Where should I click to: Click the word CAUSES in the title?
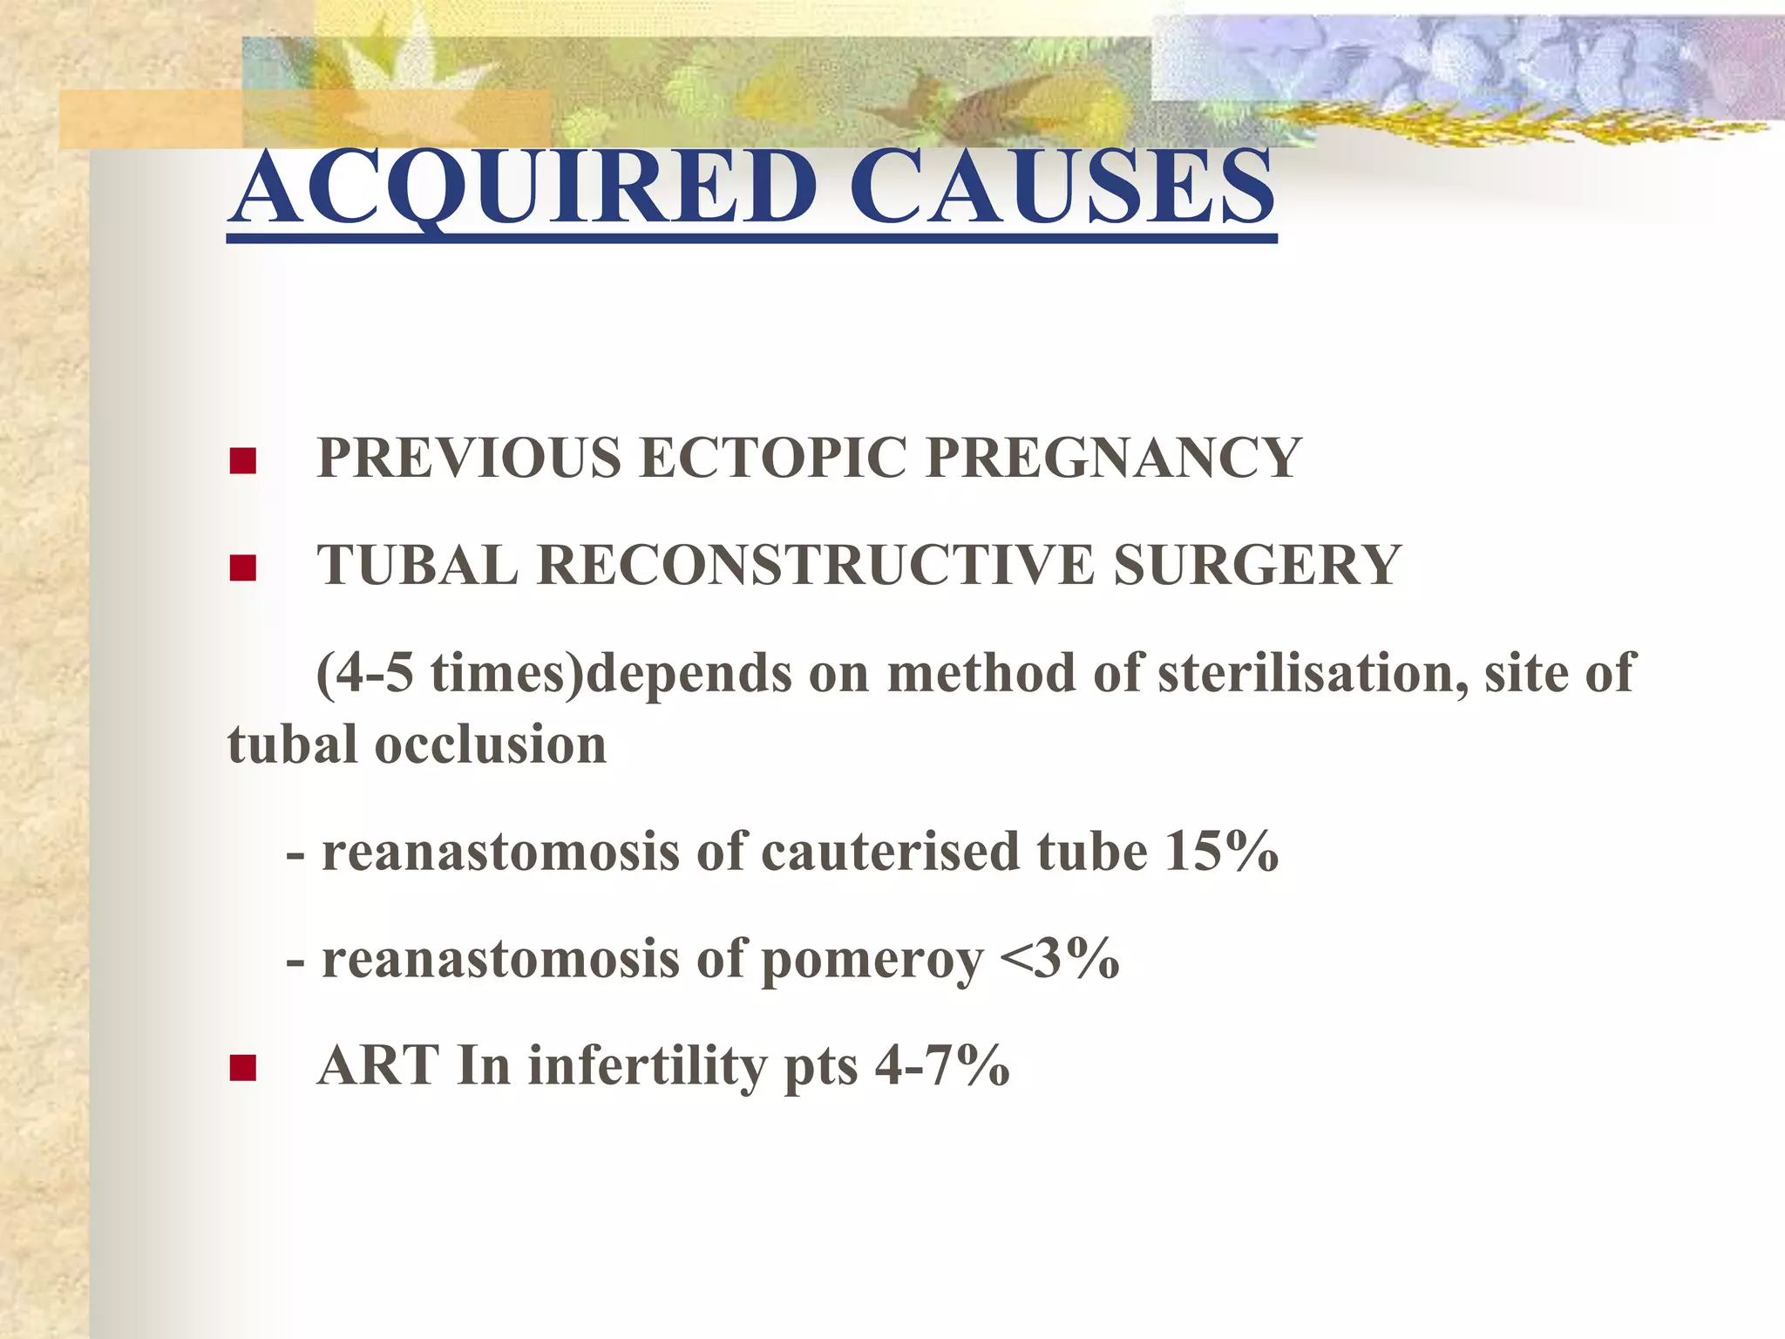pyautogui.click(x=1062, y=187)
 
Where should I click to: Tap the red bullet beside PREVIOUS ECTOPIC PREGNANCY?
pyautogui.click(x=242, y=460)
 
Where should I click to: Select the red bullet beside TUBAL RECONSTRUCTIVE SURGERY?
pyautogui.click(x=242, y=568)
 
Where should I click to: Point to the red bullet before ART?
pyautogui.click(x=242, y=1067)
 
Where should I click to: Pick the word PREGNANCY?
pyautogui.click(x=1113, y=458)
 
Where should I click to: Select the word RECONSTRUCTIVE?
pyautogui.click(x=816, y=565)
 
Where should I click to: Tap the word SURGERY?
pyautogui.click(x=1257, y=565)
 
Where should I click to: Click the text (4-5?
pyautogui.click(x=364, y=674)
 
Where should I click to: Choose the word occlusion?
pyautogui.click(x=490, y=745)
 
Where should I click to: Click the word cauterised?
pyautogui.click(x=889, y=852)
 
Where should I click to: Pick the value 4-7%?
pyautogui.click(x=942, y=1065)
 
